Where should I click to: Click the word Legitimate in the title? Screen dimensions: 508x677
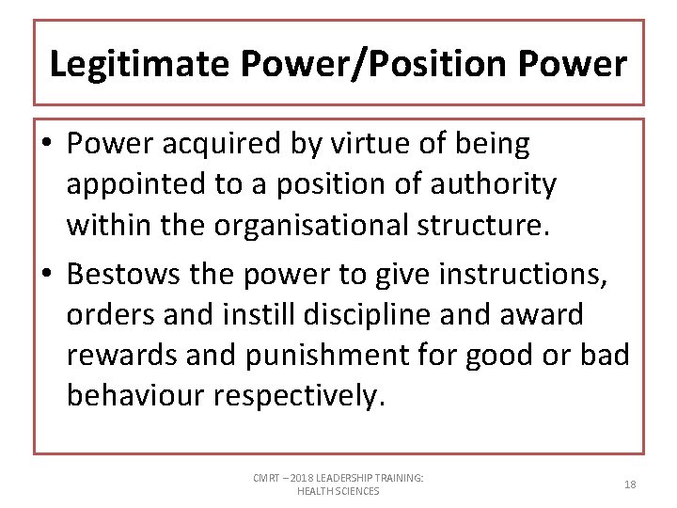click(x=140, y=64)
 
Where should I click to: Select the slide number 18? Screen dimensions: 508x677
click(x=630, y=484)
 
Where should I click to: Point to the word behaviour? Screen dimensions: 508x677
click(x=135, y=395)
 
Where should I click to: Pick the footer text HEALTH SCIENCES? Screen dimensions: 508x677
click(x=338, y=491)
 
